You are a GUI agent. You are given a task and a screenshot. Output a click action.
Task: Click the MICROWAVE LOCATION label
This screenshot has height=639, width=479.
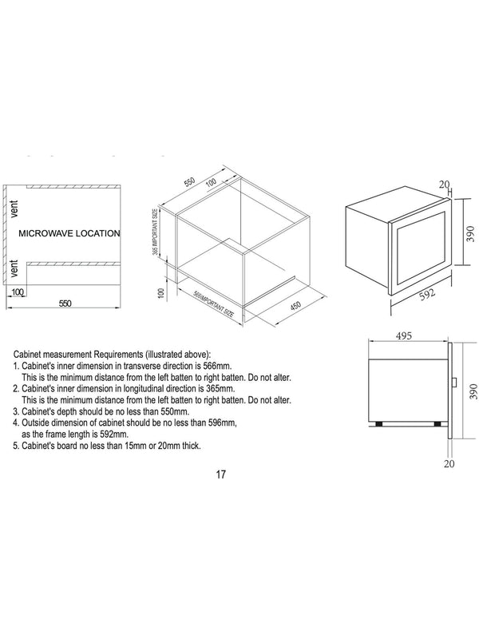[69, 234]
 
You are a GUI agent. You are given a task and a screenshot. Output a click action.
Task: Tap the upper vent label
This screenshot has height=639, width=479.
[14, 208]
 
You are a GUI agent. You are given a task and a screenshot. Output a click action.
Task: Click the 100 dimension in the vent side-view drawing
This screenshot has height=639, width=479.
[18, 292]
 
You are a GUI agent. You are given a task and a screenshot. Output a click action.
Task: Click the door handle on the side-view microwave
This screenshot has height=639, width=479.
[454, 384]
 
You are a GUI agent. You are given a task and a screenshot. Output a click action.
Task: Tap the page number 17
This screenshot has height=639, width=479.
[221, 474]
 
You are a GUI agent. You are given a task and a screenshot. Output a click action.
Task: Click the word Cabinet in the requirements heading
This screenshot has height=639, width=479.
[30, 353]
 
